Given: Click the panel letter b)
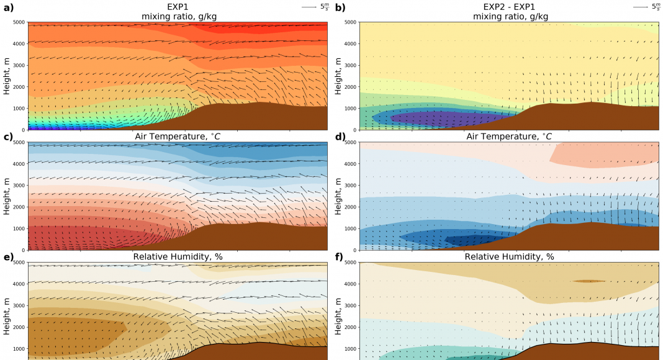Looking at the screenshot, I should point(340,7).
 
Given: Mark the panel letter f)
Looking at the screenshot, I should point(340,256).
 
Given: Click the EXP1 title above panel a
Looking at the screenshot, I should point(177,7).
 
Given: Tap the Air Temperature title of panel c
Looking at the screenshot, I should point(177,137).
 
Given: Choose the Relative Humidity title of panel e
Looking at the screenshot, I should point(177,256).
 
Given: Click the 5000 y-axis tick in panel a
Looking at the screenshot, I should point(17,22).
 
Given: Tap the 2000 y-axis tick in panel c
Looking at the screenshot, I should point(17,207).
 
